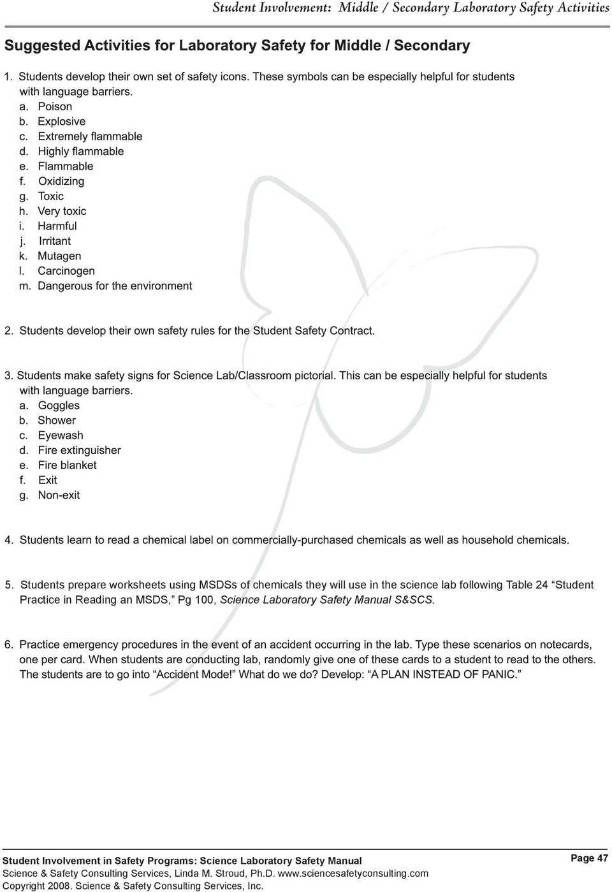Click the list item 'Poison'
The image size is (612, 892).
[x=55, y=106]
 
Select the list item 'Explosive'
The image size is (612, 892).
[x=61, y=121]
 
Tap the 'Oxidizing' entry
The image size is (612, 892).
[x=61, y=181]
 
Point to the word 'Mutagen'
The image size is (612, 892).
[x=59, y=256]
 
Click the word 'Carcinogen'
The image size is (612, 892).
[x=66, y=270]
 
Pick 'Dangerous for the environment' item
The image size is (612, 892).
[x=115, y=286]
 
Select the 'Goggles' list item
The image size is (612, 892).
[x=59, y=406]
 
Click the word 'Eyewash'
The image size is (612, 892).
[x=61, y=435]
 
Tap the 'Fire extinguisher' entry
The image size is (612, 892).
[x=79, y=450]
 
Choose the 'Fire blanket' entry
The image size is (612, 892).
[x=67, y=465]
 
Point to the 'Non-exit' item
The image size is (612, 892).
[x=59, y=495]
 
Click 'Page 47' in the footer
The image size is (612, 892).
[x=589, y=858]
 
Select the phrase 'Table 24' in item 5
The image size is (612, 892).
[x=527, y=585]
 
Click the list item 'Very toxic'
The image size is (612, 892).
[x=62, y=211]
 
